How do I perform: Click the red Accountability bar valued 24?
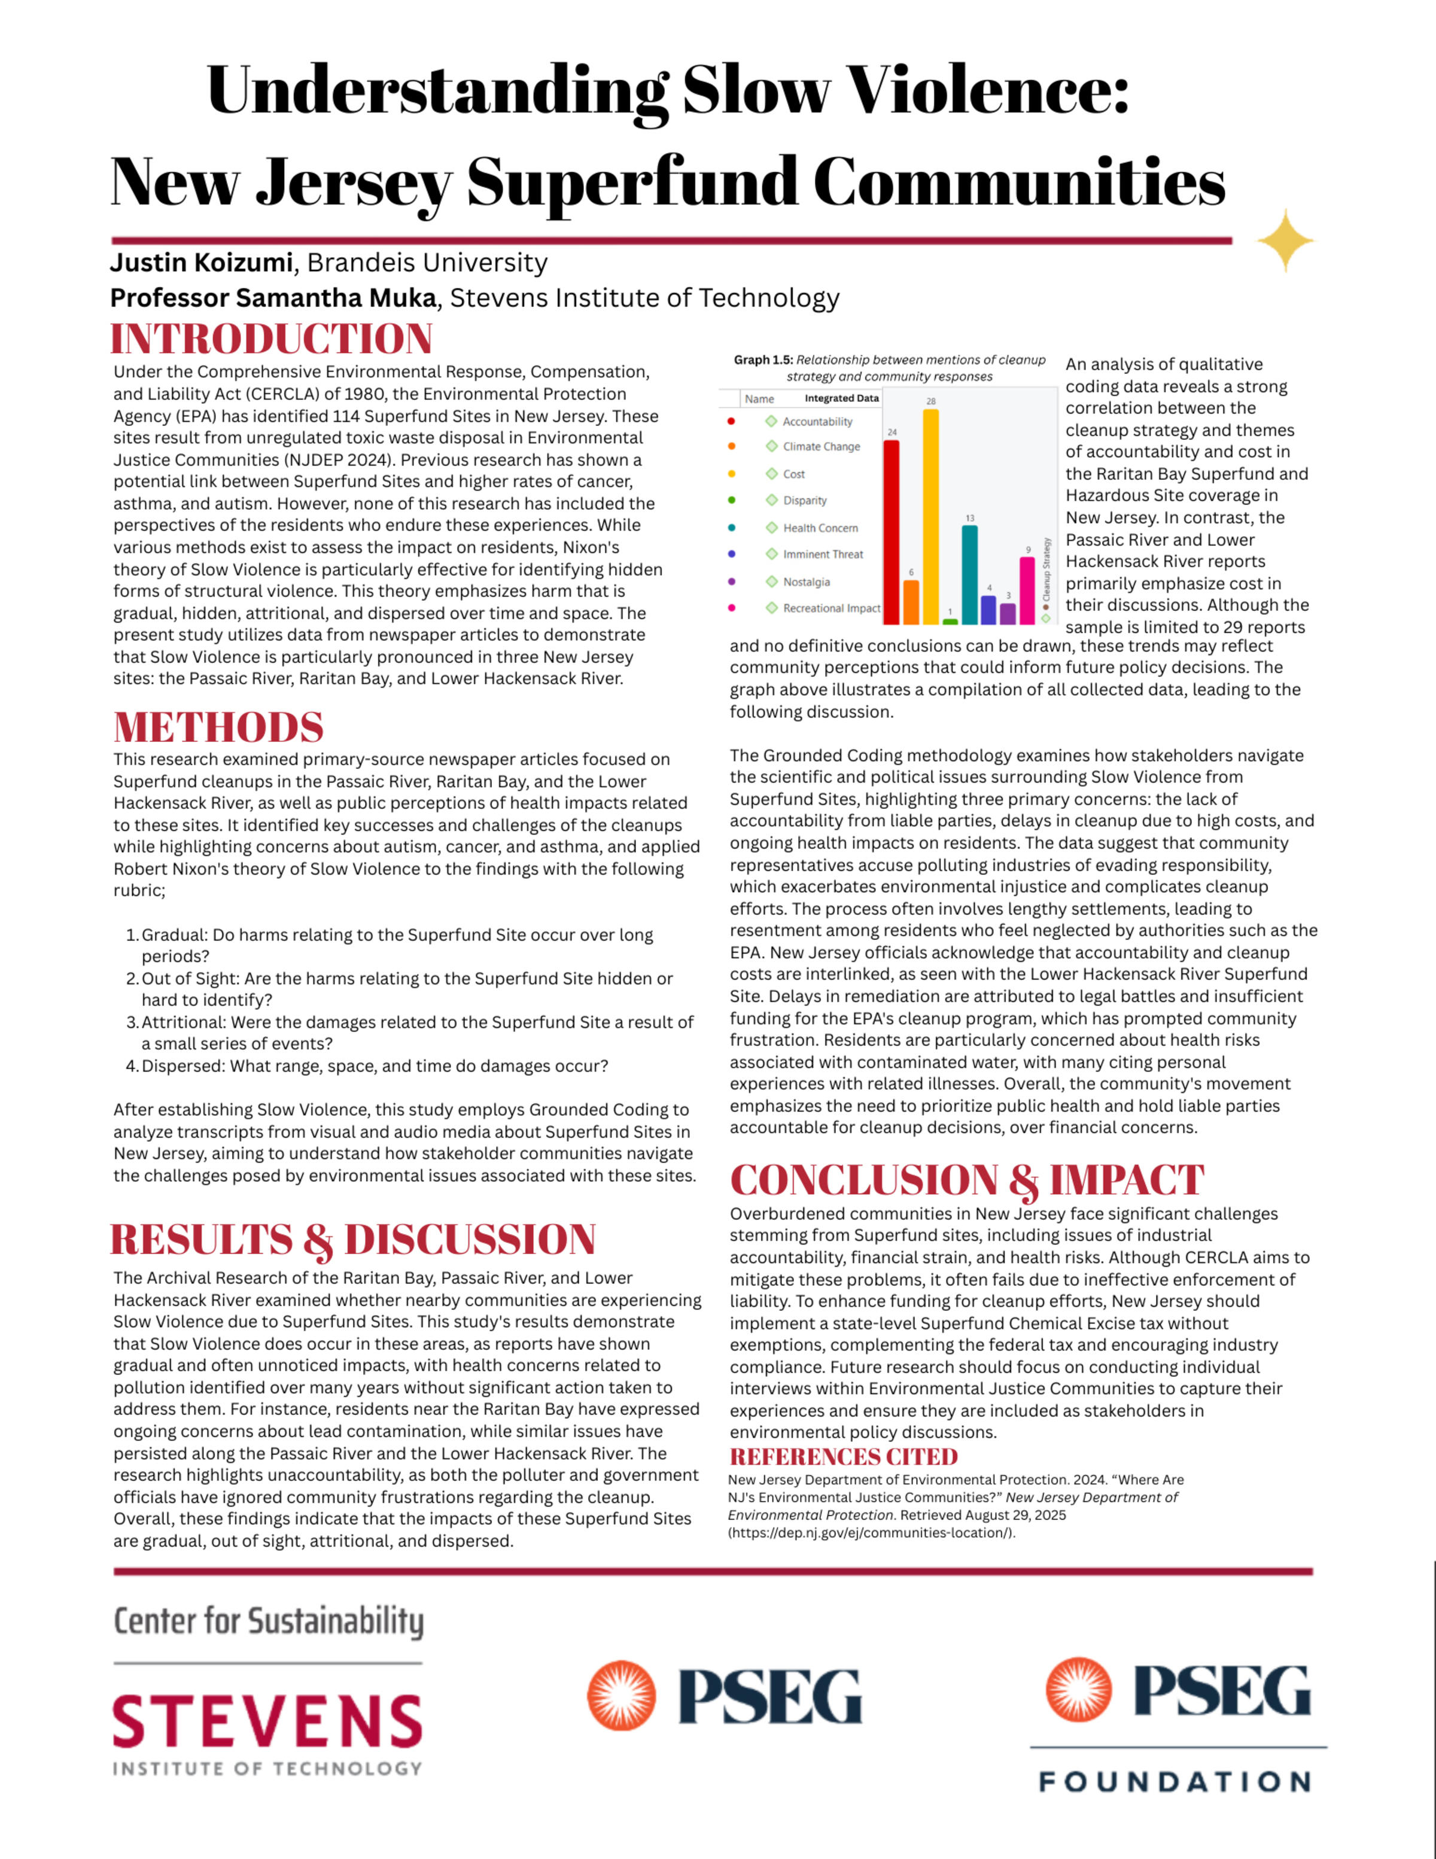coord(892,532)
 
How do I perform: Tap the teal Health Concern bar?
coord(969,574)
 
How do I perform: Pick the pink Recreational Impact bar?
coord(1027,591)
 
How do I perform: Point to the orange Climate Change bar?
coord(911,602)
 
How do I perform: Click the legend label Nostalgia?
coord(806,582)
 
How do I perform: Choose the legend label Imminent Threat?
coord(822,554)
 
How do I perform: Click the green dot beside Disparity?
coord(732,500)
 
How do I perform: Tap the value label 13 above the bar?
coord(969,518)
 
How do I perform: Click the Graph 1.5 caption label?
coord(763,360)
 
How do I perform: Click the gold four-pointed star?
coord(1285,241)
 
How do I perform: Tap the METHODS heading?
coord(219,728)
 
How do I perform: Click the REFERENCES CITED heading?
coord(844,1456)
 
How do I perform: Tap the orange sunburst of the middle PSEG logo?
coord(622,1694)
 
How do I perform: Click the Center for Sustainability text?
coord(268,1621)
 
